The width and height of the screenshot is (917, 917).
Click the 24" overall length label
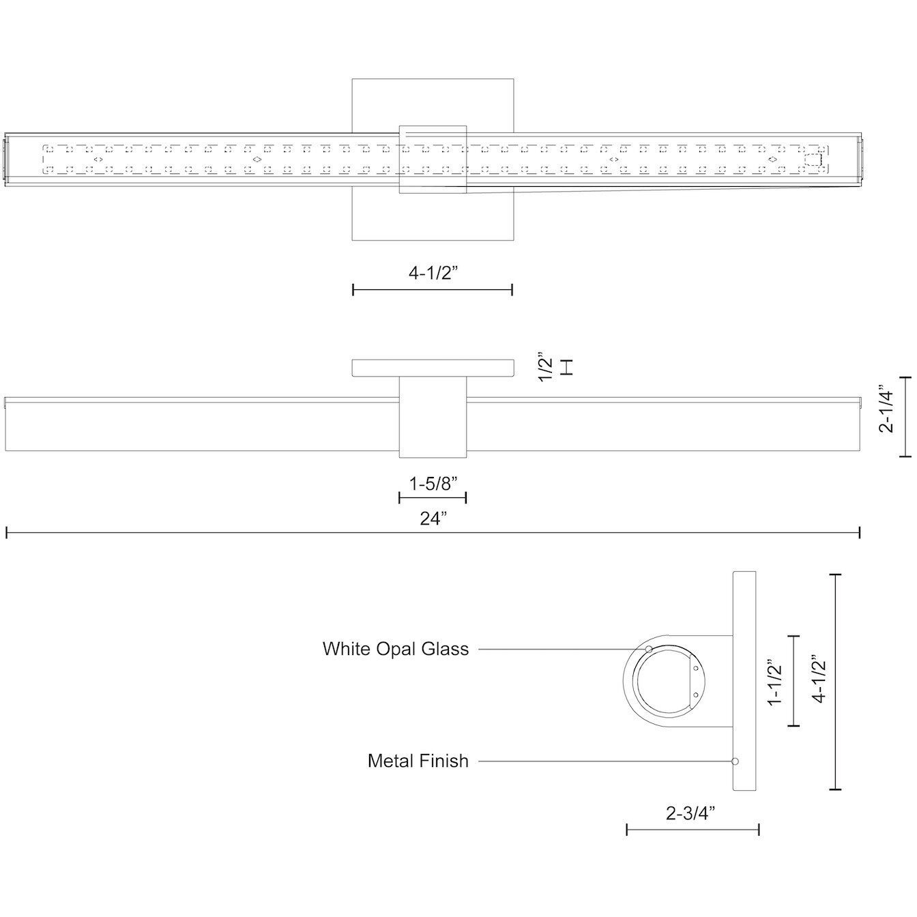click(433, 519)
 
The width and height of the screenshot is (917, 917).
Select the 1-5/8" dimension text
click(433, 484)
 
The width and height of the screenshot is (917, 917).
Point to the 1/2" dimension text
click(544, 367)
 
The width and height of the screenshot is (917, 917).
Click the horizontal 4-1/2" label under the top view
click(433, 274)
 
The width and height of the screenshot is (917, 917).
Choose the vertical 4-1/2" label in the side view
click(818, 680)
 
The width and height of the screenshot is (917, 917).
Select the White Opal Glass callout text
click(396, 648)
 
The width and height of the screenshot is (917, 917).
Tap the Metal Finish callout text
click(418, 760)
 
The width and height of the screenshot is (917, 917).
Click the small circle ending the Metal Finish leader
click(736, 761)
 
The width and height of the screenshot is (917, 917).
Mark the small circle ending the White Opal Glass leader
click(649, 648)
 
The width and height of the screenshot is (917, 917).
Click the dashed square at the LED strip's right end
click(813, 160)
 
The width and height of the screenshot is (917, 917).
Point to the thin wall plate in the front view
click(433, 367)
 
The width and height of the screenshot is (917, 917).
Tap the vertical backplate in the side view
click(744, 680)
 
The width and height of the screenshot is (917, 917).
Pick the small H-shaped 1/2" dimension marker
click(566, 367)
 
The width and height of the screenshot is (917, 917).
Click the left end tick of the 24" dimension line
click(7, 532)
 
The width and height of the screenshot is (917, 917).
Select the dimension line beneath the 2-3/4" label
click(693, 830)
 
